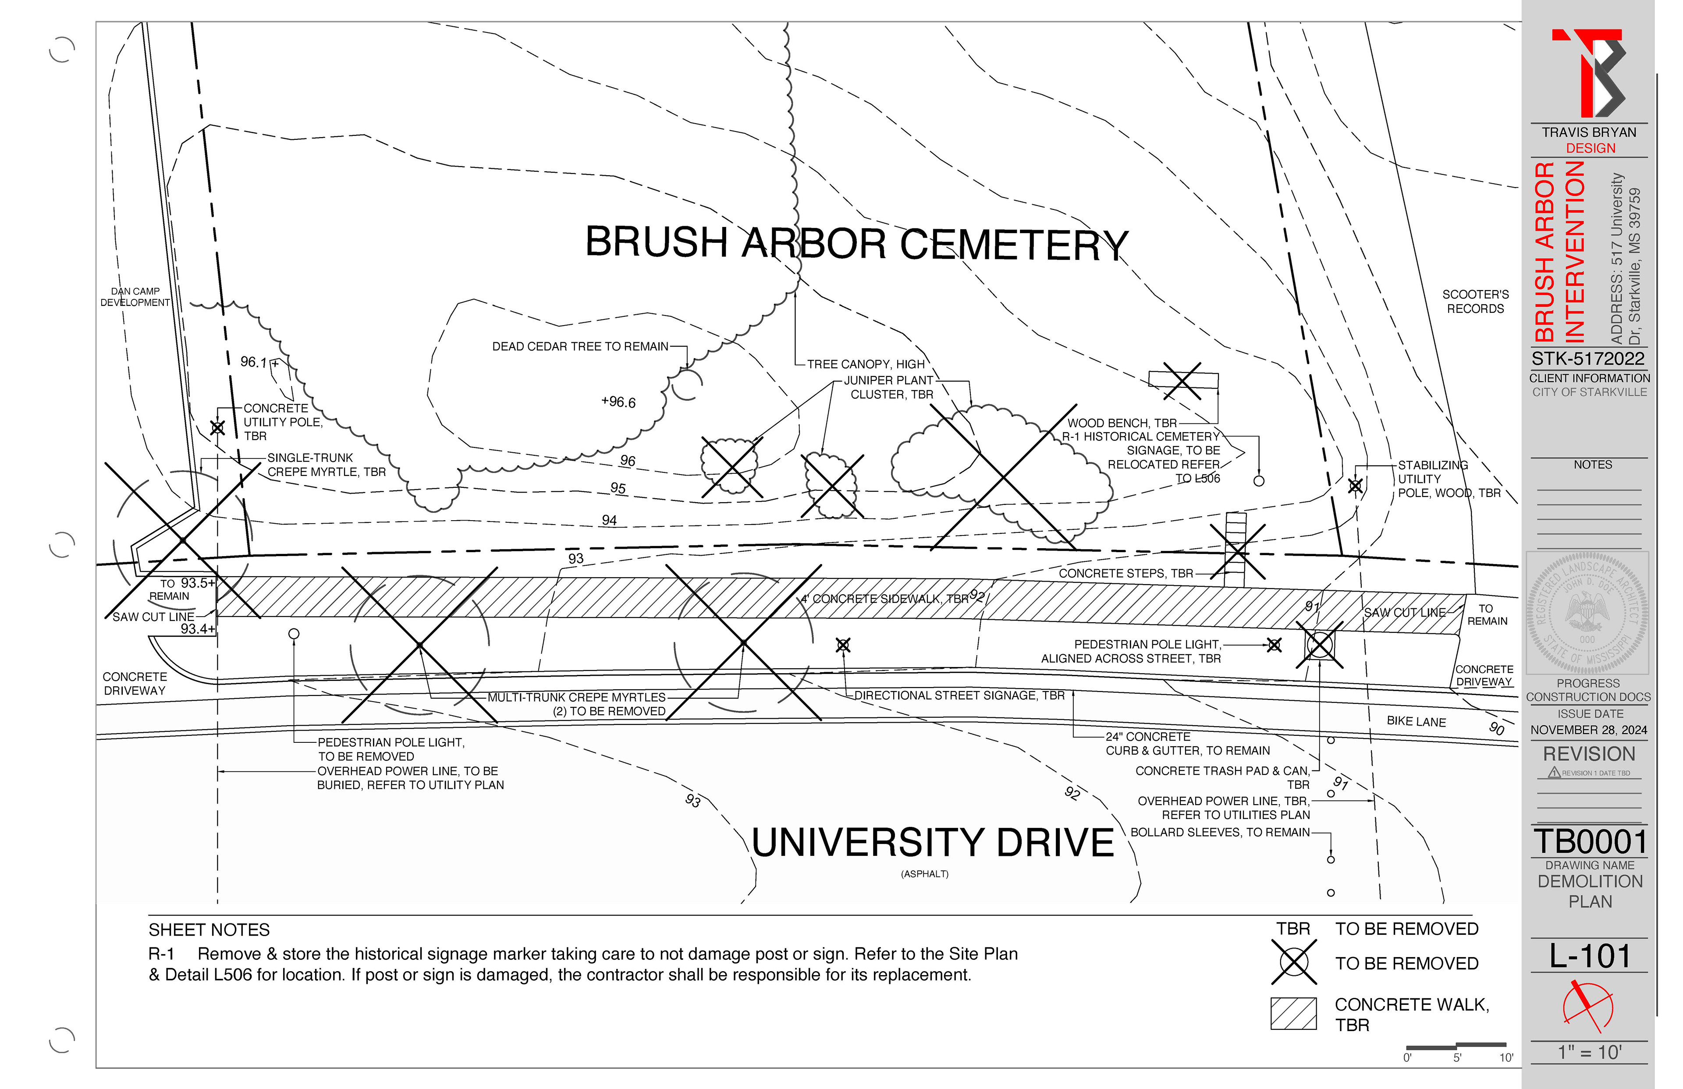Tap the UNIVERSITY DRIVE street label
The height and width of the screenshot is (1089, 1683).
coord(932,843)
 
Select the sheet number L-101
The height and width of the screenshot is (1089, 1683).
coord(1590,956)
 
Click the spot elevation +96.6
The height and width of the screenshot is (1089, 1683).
coord(619,402)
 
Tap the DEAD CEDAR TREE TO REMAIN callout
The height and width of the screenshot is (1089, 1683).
coord(580,347)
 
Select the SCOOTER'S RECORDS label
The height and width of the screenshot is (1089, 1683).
coord(1475,301)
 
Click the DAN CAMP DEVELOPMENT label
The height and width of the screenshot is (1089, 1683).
coord(135,297)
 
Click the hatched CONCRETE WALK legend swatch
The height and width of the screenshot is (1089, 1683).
coord(1293,1013)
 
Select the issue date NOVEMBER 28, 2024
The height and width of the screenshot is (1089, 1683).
coord(1589,730)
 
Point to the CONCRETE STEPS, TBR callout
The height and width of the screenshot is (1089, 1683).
coord(1126,574)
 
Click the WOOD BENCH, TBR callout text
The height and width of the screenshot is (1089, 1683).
coord(1122,423)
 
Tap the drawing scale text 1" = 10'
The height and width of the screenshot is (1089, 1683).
coord(1590,1052)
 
